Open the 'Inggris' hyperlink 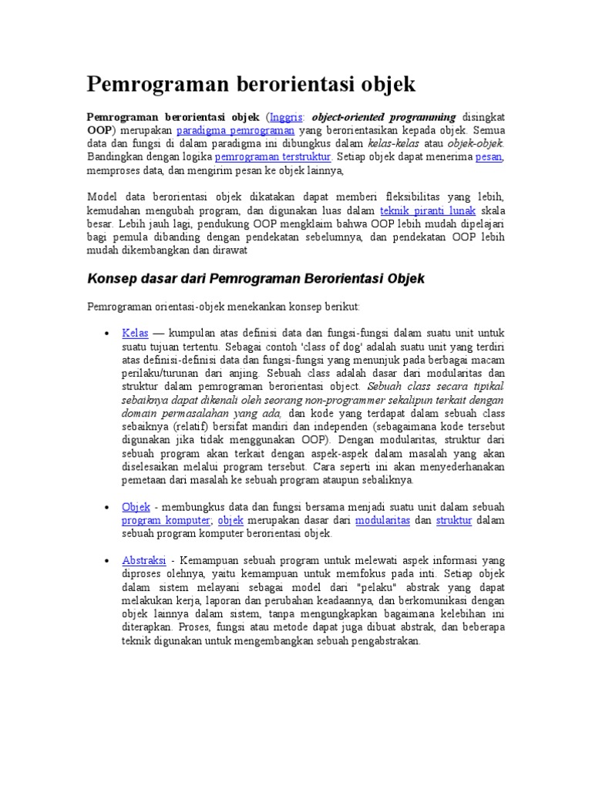(x=287, y=117)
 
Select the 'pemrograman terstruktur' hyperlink (x=273, y=156)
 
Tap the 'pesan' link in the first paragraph (x=489, y=156)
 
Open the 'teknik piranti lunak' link (x=428, y=210)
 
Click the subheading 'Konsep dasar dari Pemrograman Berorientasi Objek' (x=256, y=277)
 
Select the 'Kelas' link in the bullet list (x=135, y=333)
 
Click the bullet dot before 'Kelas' (x=106, y=334)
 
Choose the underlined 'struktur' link (x=453, y=520)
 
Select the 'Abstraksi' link (x=144, y=560)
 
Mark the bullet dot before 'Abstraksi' (x=106, y=561)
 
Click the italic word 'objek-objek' (x=476, y=143)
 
